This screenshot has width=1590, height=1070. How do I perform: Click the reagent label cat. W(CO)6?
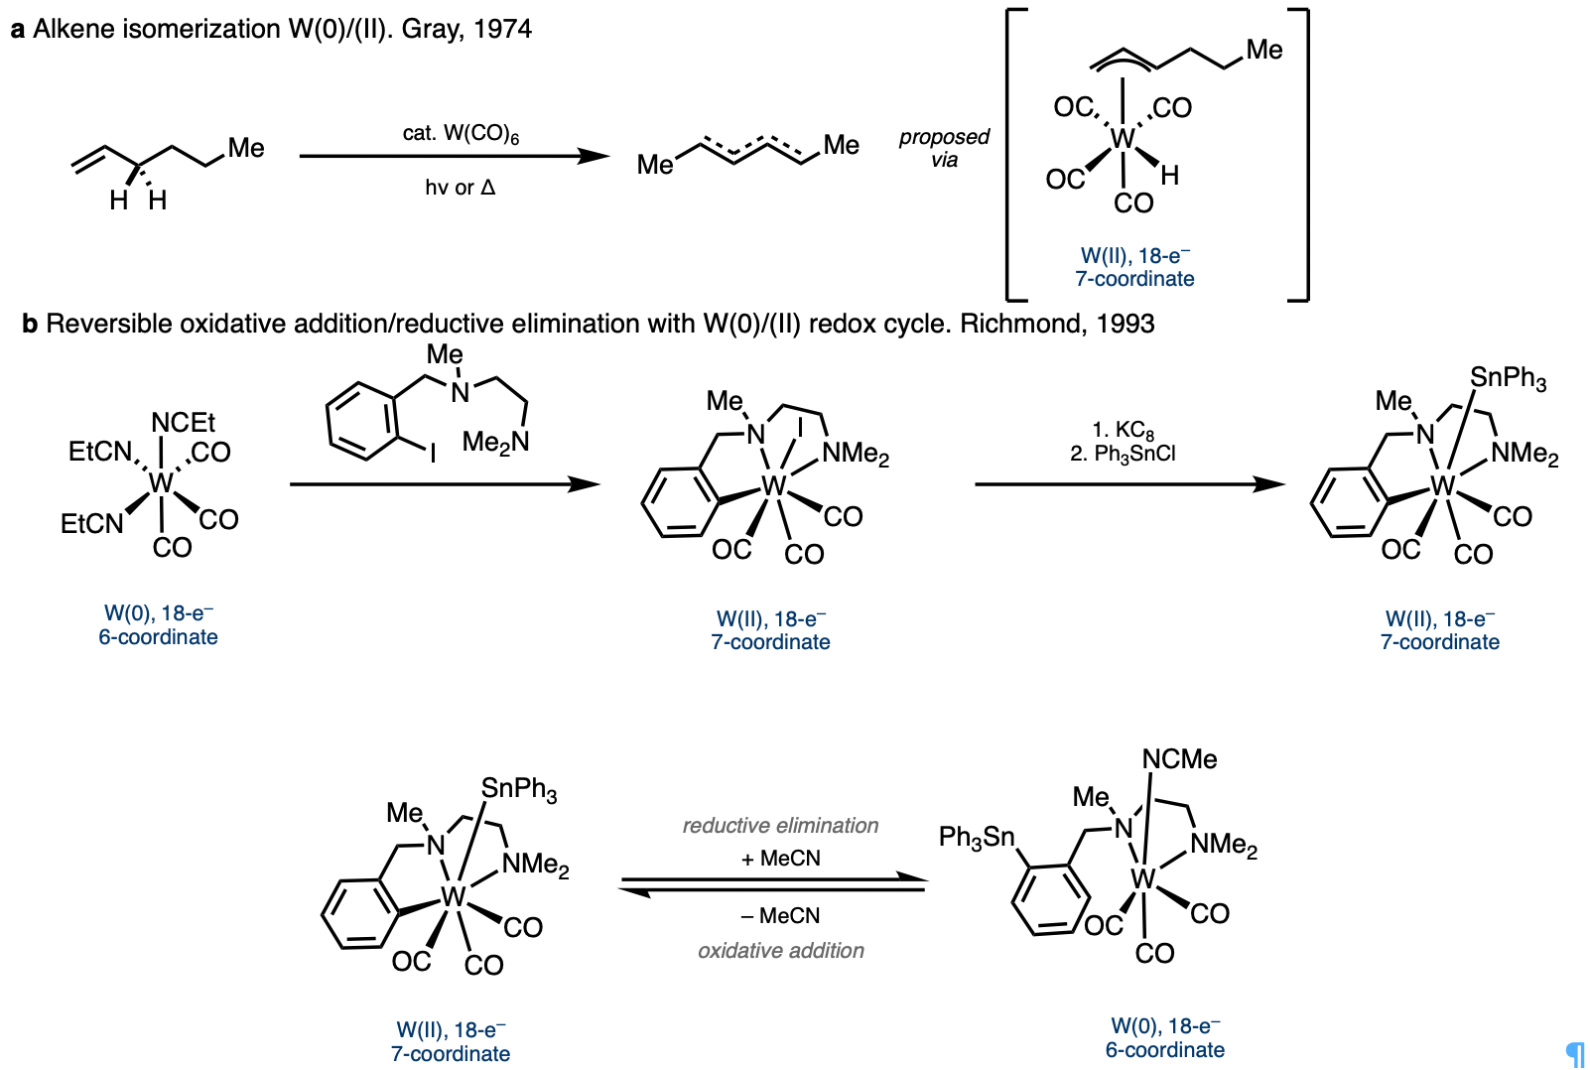(461, 134)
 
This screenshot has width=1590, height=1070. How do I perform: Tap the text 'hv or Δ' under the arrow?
(460, 188)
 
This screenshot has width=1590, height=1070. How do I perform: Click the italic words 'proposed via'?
(944, 148)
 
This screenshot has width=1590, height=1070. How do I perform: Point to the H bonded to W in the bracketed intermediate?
(1170, 176)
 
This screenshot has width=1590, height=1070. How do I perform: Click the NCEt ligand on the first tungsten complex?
(183, 423)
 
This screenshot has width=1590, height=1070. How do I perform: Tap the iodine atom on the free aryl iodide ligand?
(432, 455)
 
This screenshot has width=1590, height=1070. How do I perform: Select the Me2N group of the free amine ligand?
(495, 442)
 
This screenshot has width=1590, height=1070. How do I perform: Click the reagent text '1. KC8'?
(1123, 430)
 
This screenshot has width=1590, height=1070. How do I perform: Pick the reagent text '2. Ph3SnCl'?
(1123, 454)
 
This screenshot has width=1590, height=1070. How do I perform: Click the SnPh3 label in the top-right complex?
(1508, 377)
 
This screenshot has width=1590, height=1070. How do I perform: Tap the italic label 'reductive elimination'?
(780, 826)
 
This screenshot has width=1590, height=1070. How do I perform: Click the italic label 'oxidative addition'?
(780, 951)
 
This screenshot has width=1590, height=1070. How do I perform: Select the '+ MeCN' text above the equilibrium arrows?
(780, 859)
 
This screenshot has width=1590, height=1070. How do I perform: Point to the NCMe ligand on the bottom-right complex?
(1179, 759)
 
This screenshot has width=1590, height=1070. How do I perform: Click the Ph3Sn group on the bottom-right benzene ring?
(977, 838)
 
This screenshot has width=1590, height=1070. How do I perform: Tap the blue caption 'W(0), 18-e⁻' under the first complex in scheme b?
(159, 613)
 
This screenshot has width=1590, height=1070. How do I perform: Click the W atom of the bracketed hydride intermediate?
(1122, 139)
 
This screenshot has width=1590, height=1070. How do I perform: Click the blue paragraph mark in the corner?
(1574, 1053)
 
